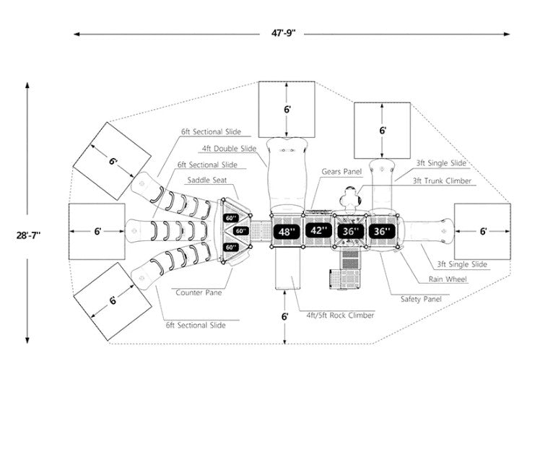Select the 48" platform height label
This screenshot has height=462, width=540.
tap(288, 232)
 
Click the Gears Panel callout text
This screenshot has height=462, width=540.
tap(341, 173)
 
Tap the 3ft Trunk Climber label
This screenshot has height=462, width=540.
tap(442, 180)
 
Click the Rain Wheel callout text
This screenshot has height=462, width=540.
tap(448, 279)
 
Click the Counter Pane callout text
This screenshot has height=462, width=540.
tap(198, 292)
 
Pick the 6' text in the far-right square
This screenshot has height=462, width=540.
tap(483, 231)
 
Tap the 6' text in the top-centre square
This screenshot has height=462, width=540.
tap(287, 109)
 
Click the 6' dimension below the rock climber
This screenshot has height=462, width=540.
tap(285, 316)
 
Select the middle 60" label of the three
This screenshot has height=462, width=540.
tap(240, 231)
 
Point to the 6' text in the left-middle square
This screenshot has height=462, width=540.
tap(97, 231)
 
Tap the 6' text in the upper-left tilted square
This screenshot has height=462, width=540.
tap(113, 162)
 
